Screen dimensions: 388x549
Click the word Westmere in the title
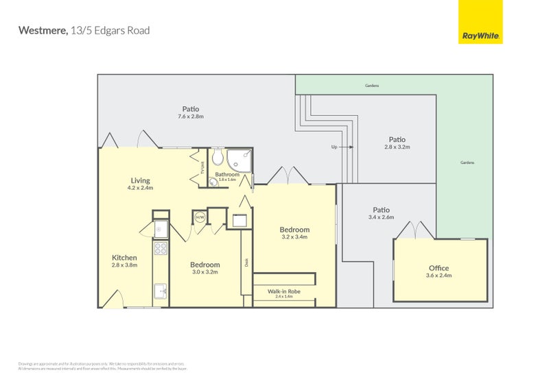point(42,30)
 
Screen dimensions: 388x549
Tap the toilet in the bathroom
point(217,160)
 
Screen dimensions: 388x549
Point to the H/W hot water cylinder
point(200,217)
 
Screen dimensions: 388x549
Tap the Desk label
point(246,262)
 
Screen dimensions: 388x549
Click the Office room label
point(439,268)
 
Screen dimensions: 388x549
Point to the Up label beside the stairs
point(334,147)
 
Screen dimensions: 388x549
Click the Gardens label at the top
point(372,86)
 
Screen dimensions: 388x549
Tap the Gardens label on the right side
point(467,162)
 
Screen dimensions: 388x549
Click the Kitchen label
point(124,258)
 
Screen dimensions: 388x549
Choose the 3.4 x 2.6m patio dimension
point(381,217)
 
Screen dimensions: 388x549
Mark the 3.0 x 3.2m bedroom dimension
point(205,272)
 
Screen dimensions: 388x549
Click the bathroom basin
point(212,182)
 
